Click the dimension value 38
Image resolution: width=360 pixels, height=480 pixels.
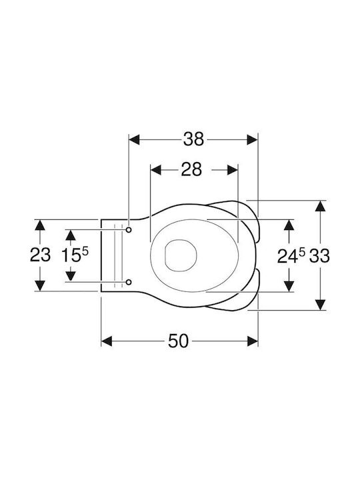pyautogui.click(x=193, y=139)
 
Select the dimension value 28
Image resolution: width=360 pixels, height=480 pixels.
pyautogui.click(x=191, y=169)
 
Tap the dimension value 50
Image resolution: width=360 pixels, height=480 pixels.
pyautogui.click(x=178, y=341)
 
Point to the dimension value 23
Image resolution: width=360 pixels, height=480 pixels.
pyautogui.click(x=40, y=255)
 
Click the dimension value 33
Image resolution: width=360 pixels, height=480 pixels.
pyautogui.click(x=319, y=255)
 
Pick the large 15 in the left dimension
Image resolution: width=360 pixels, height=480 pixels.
pyautogui.click(x=71, y=255)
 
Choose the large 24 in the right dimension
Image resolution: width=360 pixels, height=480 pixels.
pyautogui.click(x=287, y=256)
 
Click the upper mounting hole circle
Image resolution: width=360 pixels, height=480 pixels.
pyautogui.click(x=129, y=229)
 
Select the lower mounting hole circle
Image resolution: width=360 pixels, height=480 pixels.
pyautogui.click(x=129, y=281)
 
